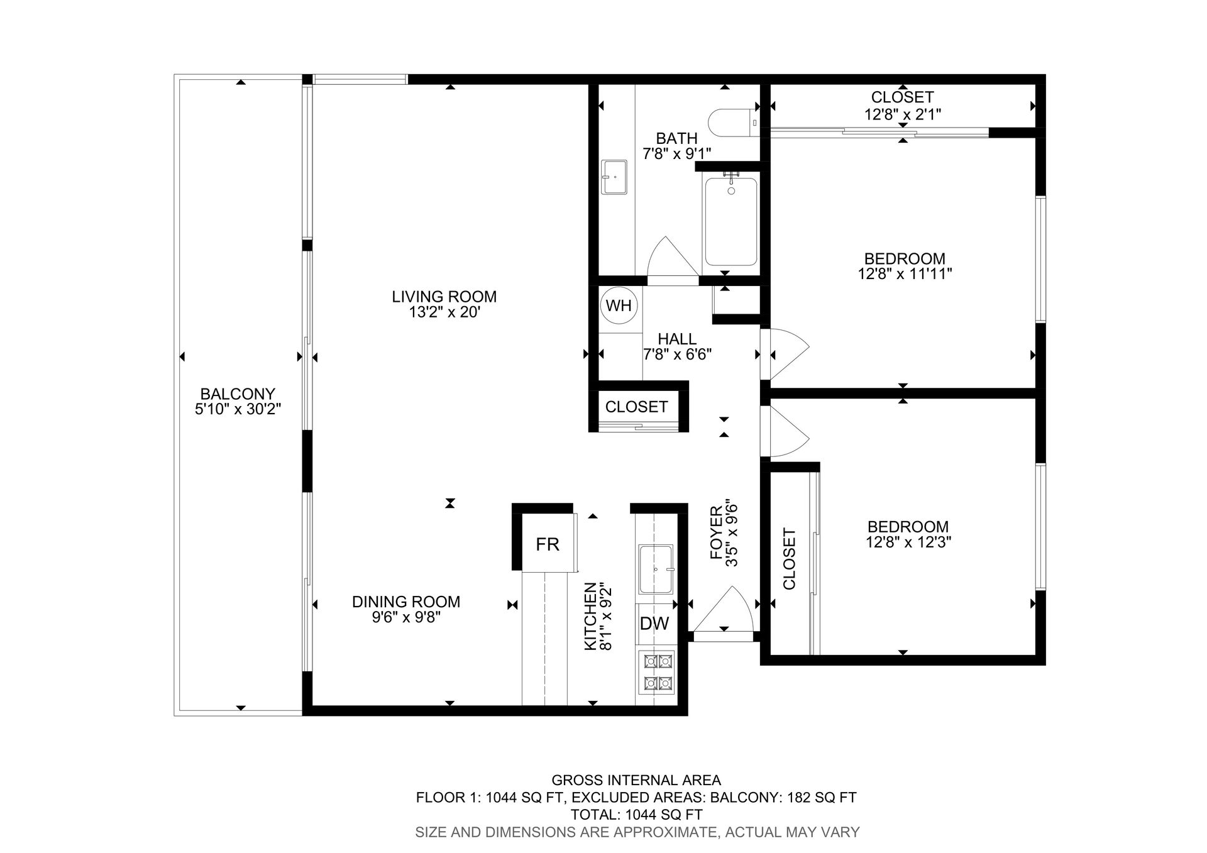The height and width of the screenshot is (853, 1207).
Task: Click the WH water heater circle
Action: tap(619, 305)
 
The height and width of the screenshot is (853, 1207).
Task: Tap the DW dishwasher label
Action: tap(654, 624)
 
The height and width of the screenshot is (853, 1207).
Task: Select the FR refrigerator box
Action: tap(548, 544)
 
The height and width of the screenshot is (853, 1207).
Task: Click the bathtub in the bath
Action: tap(730, 221)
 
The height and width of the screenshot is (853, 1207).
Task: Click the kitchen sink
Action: tap(656, 570)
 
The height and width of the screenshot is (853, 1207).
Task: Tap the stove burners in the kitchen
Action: tap(657, 672)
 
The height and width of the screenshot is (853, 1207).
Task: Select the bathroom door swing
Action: tap(672, 257)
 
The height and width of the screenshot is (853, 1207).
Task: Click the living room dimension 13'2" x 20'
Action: tap(444, 312)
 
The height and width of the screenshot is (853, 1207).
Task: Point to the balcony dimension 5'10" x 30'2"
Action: tap(238, 409)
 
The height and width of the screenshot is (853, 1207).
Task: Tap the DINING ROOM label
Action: tap(406, 602)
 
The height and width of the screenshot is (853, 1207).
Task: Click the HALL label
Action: tap(677, 339)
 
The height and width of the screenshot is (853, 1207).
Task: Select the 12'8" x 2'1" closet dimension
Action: tap(903, 114)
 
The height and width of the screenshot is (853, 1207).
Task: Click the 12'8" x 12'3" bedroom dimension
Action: tap(908, 542)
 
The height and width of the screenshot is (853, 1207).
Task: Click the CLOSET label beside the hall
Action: tap(636, 407)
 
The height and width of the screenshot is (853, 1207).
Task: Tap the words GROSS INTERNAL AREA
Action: tap(636, 781)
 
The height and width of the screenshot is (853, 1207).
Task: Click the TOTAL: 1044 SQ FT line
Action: tap(636, 815)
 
